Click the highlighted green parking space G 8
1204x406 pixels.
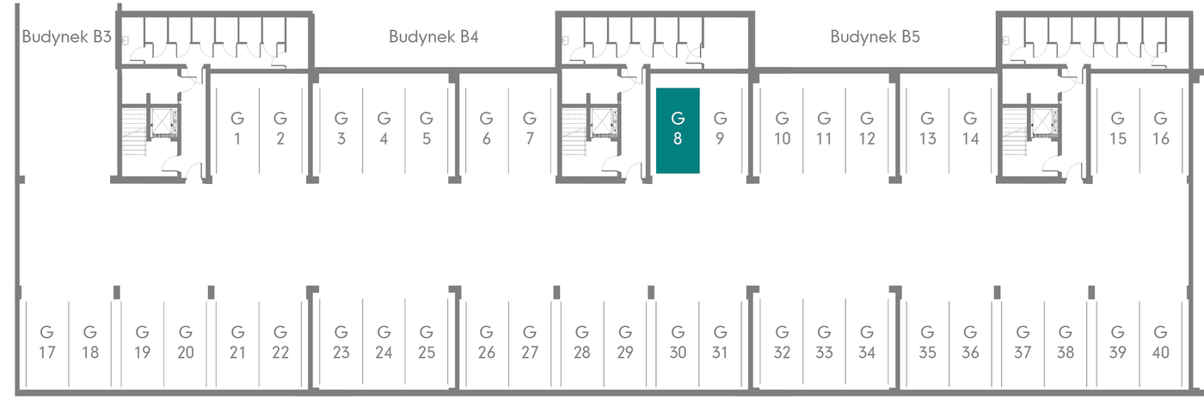[x=678, y=131]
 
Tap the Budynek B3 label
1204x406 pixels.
[x=67, y=37]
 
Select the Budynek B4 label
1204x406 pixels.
[x=433, y=37]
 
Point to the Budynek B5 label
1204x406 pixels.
[x=875, y=37]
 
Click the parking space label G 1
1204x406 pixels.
[x=237, y=128]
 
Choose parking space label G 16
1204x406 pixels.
[x=1161, y=128]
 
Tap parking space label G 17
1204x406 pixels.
[x=46, y=342]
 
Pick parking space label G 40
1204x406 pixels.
[x=1161, y=342]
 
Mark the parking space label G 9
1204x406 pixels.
[x=721, y=128]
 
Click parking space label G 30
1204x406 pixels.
[x=678, y=342]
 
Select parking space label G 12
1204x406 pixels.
[x=867, y=128]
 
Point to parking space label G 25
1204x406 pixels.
[x=427, y=342]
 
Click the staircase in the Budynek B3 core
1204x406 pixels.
[x=134, y=132]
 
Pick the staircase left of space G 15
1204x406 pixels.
[x=1016, y=132]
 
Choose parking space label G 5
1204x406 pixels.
[x=427, y=128]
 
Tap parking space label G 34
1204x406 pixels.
[x=867, y=342]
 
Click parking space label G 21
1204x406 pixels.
[x=237, y=342]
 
